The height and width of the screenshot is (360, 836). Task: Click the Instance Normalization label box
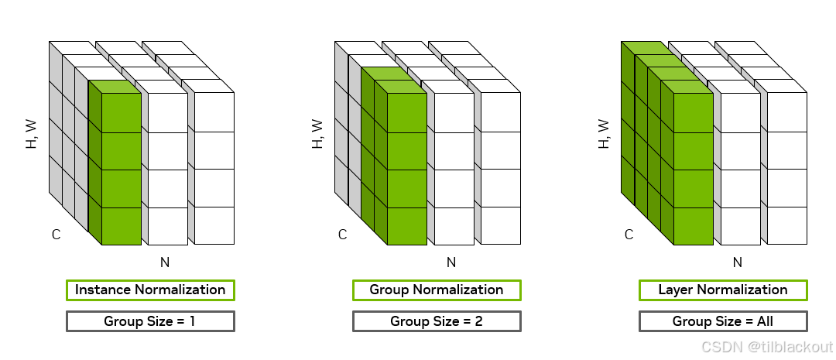pos(150,290)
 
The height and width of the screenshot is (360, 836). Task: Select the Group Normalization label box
pos(437,290)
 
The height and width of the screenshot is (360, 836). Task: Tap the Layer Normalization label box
pos(723,290)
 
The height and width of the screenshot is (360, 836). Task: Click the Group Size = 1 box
pos(150,321)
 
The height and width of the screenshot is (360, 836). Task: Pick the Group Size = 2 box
pos(437,321)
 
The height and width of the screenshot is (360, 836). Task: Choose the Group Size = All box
pos(723,321)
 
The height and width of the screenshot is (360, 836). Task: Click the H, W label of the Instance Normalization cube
pos(32,134)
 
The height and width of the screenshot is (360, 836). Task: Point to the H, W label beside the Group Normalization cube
pos(318,134)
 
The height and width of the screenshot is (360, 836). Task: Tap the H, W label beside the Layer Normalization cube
pos(605,134)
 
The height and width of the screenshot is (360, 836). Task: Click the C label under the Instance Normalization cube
pos(56,235)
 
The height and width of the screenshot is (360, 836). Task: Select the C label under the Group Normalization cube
pos(342,235)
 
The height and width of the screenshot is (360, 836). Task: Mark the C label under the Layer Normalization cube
pos(629,235)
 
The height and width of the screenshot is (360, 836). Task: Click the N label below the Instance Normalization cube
pos(165,262)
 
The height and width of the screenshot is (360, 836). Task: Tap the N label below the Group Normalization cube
pos(451,262)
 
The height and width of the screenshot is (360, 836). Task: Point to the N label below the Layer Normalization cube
pos(738,262)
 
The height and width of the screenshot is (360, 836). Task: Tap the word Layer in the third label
pos(675,290)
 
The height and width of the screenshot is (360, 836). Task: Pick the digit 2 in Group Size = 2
pos(479,321)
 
